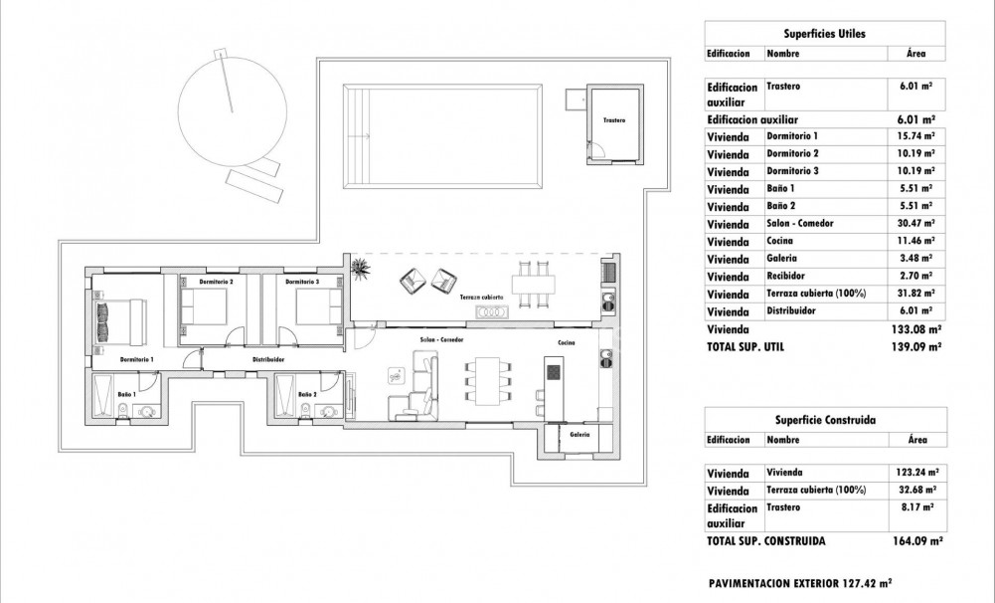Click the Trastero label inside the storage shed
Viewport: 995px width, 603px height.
[x=614, y=120]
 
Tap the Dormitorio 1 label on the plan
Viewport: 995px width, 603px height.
[x=136, y=358]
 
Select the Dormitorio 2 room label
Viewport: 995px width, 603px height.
[x=216, y=283]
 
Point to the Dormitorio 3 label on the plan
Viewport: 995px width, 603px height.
[x=302, y=283]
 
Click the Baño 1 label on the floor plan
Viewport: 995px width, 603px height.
[x=126, y=395]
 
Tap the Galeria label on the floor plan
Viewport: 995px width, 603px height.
[x=580, y=434]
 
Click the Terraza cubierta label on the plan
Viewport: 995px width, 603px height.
[x=481, y=298]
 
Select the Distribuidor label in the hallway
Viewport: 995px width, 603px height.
[x=268, y=359]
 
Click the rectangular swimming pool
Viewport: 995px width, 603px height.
[x=443, y=135]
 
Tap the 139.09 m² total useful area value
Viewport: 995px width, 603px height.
[x=916, y=347]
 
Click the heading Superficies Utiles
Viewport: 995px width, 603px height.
[x=824, y=33]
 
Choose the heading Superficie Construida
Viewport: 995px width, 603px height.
[x=824, y=419]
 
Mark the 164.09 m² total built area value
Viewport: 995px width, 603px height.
[x=916, y=541]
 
